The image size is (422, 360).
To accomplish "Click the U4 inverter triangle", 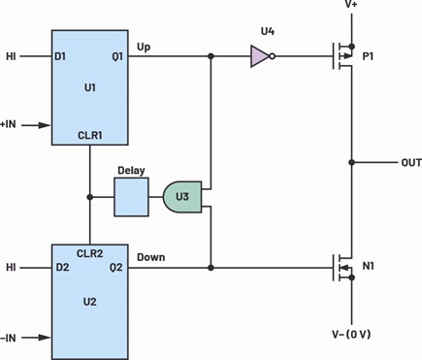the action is pos(260,56).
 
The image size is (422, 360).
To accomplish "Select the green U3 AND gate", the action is pos(182,197).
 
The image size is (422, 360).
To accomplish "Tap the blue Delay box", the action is pos(131,197).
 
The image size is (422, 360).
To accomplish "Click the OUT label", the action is pos(411,162).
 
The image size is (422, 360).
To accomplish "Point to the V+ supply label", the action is pos(351,5).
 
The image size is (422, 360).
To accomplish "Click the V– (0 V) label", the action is pos(351,334).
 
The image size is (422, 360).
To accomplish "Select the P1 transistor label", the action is pos(368,56).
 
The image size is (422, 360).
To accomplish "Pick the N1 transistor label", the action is pos(368,266).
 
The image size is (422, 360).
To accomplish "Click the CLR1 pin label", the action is pos(90,135).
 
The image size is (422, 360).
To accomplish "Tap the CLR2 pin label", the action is pos(90,253).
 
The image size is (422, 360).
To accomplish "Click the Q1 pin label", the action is pos(117,56).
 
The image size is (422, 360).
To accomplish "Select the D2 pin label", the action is pos(62,268).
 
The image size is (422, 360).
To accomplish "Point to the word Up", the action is pos(144,48).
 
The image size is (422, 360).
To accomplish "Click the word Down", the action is pos(151,257).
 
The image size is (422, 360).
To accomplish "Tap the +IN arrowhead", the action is pos(45,125).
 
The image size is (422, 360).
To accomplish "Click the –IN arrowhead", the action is pos(45,338).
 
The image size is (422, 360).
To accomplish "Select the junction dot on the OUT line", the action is pos(352,162).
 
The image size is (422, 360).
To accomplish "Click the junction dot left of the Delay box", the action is pos(90,197).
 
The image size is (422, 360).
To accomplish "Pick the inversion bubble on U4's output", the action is pos(273,56).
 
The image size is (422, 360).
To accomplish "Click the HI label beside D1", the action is pos(11,56).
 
